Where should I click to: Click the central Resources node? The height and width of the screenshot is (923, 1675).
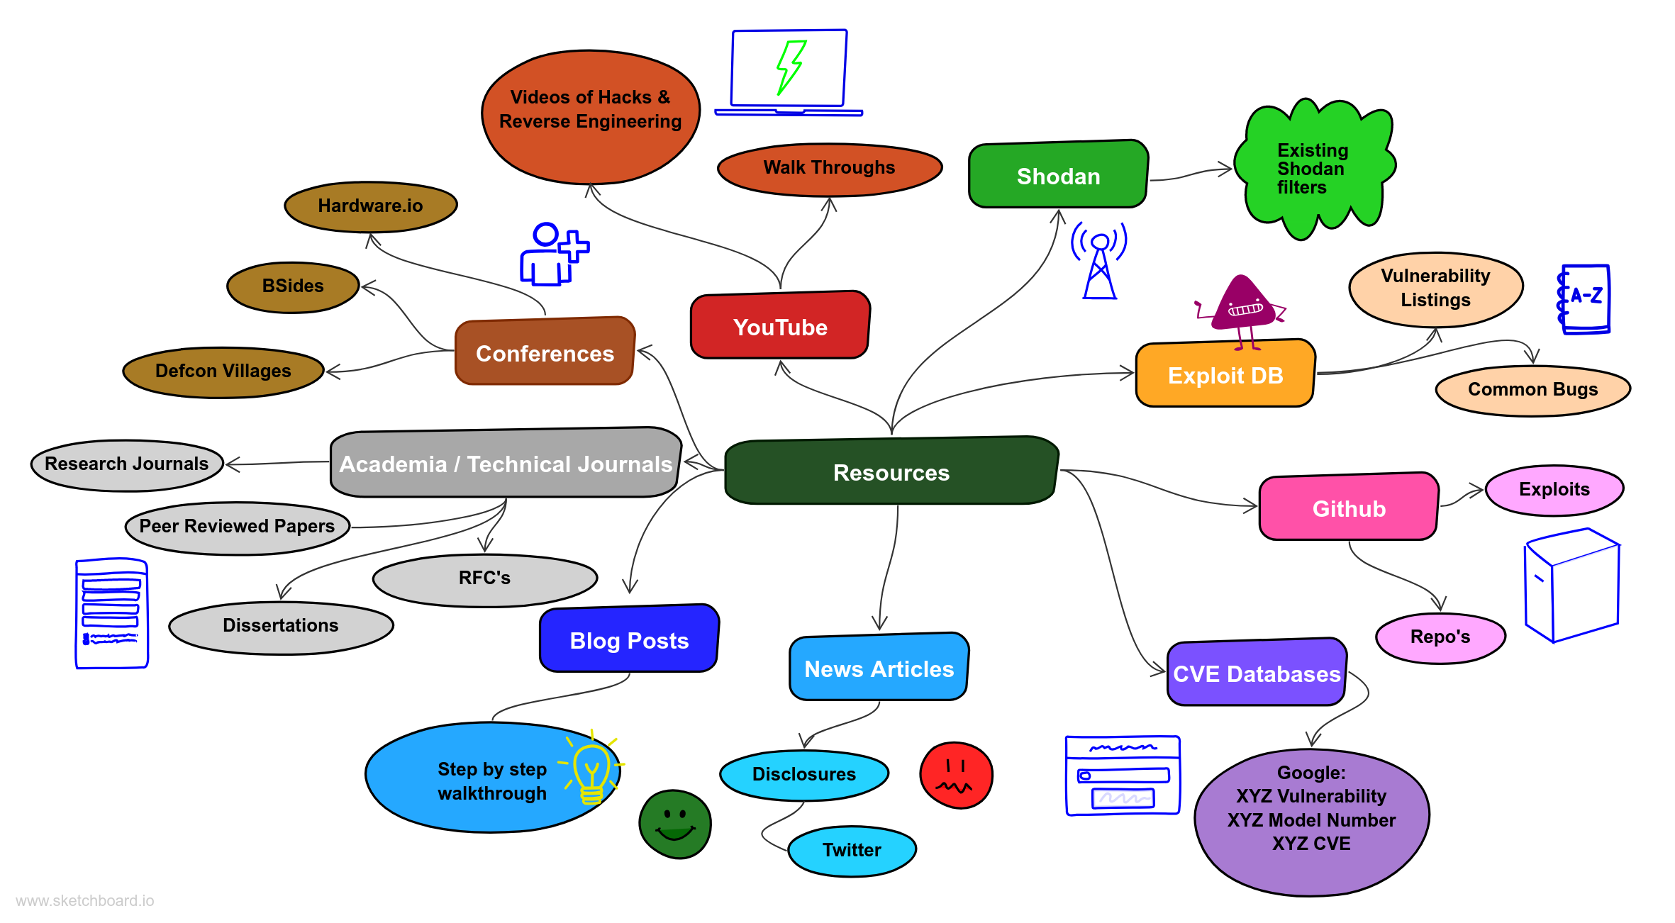click(x=891, y=472)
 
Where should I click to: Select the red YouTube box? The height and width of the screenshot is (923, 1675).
click(x=780, y=327)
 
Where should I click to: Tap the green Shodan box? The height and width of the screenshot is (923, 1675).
click(x=1058, y=176)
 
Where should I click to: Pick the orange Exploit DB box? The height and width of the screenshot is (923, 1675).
click(x=1225, y=375)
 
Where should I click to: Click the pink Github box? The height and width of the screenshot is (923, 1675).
click(x=1349, y=508)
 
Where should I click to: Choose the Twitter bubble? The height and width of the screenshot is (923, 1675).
click(x=852, y=850)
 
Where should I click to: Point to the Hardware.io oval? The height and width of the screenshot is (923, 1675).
click(x=370, y=206)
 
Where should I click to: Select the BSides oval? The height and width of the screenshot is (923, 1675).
click(x=293, y=286)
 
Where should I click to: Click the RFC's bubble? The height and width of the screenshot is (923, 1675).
click(x=484, y=578)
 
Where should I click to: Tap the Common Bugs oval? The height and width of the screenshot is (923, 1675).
click(x=1532, y=390)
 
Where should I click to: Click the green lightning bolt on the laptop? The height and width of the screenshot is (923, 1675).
click(x=790, y=67)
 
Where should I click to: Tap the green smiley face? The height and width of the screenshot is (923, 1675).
click(x=675, y=824)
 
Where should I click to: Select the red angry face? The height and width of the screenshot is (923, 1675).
click(x=956, y=775)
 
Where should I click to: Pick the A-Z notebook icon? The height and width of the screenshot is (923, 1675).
click(x=1585, y=298)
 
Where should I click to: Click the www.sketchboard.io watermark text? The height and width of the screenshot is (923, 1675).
click(x=85, y=901)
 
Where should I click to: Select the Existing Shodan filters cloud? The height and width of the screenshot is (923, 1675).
click(x=1313, y=169)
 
